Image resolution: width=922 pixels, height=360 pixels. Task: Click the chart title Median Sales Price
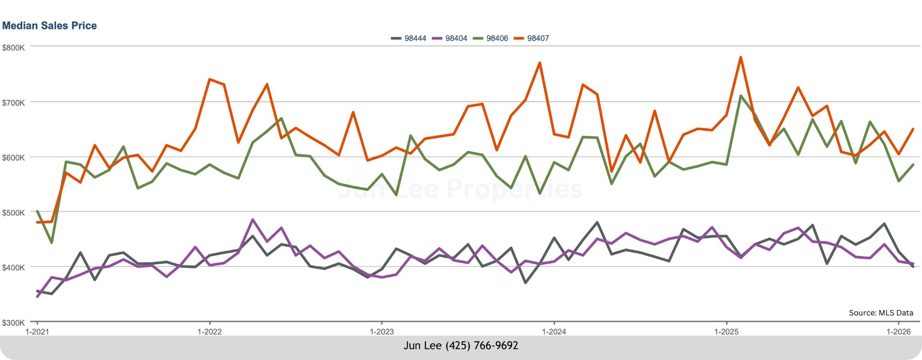tap(49, 26)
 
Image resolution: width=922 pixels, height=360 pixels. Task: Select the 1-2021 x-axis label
tap(37, 332)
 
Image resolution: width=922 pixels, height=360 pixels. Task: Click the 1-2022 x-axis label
tap(209, 332)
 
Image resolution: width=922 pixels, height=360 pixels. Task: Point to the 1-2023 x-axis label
tap(382, 332)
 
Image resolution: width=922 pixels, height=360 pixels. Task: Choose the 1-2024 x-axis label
tap(554, 332)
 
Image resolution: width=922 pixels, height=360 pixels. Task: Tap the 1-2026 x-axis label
tap(898, 332)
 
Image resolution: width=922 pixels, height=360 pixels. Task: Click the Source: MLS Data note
tap(881, 313)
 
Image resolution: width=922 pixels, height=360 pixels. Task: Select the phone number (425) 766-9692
tap(482, 346)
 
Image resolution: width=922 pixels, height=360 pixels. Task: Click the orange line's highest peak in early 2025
tap(740, 57)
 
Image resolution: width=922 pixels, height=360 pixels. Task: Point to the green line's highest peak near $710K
tap(741, 96)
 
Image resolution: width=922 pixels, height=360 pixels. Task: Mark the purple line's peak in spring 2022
tap(253, 220)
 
